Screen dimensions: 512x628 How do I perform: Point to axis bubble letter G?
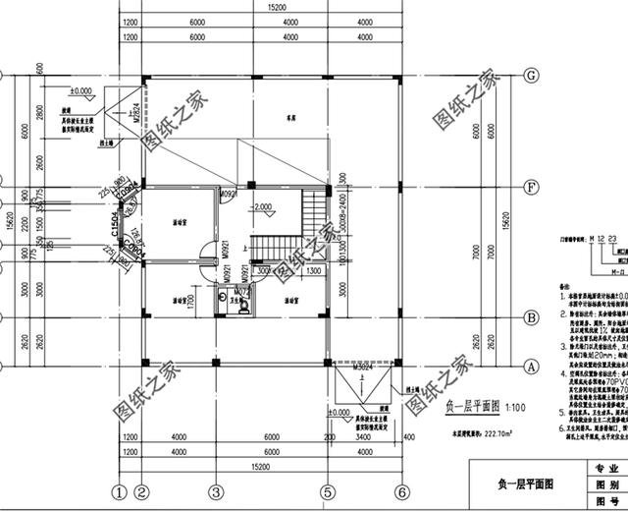coord(531,76)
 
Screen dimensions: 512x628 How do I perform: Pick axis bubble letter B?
coord(531,317)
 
